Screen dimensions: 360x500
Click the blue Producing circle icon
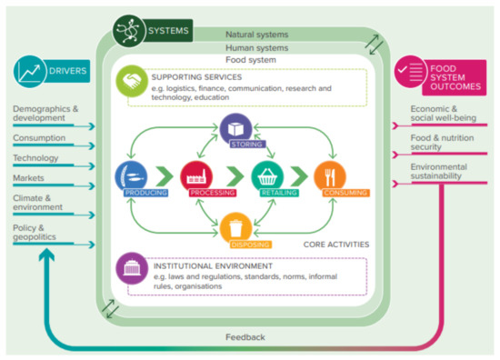pos(132,176)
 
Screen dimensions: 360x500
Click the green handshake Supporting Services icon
pos(132,81)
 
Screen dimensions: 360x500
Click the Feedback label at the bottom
pos(246,337)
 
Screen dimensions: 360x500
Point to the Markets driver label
pos(30,178)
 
